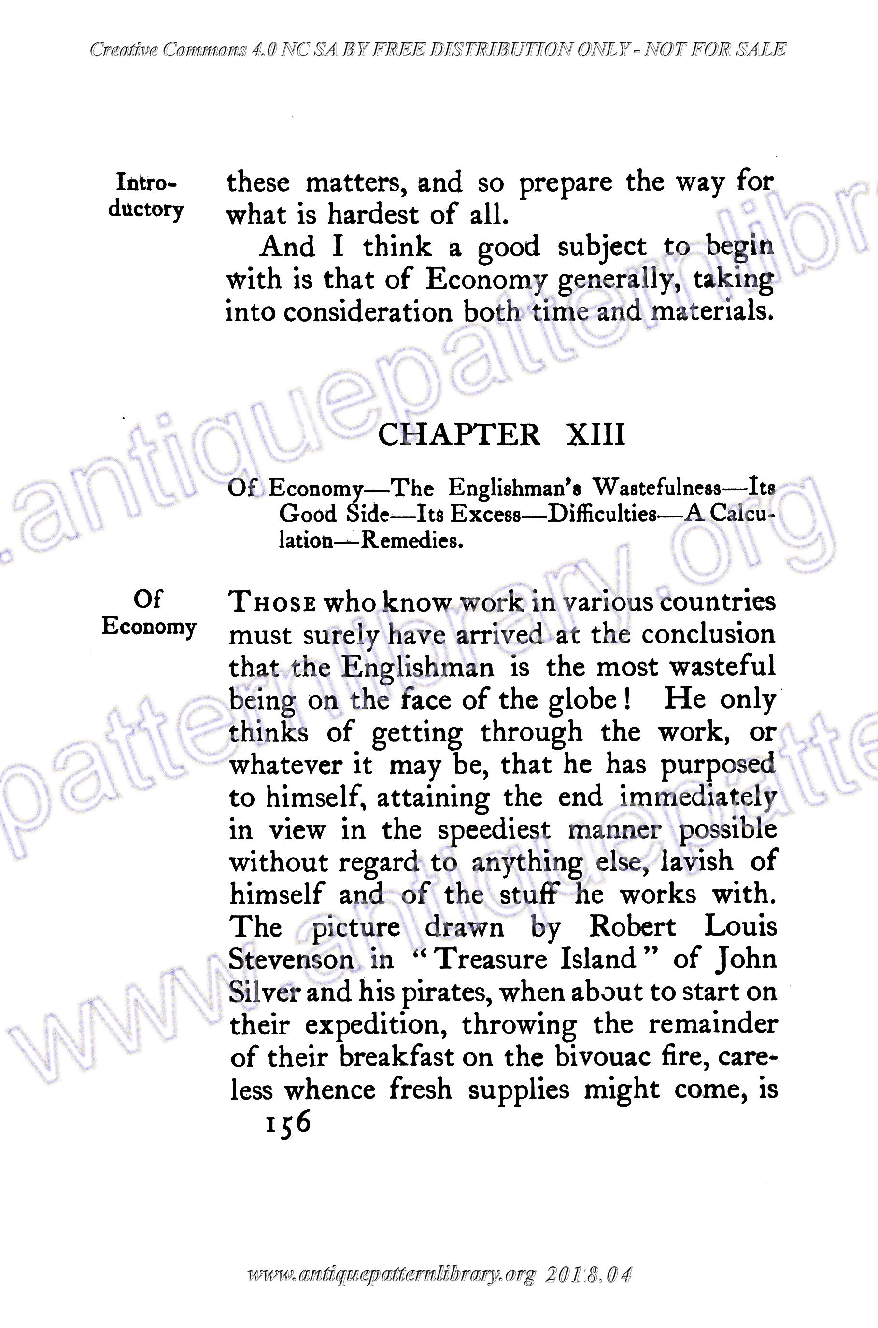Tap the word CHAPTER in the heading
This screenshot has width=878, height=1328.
pos(460,435)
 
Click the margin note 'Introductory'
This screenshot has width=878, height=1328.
pos(146,196)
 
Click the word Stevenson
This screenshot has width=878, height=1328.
pos(291,959)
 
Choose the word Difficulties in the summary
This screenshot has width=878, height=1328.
pos(601,514)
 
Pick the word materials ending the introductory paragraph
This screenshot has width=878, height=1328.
pos(713,311)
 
